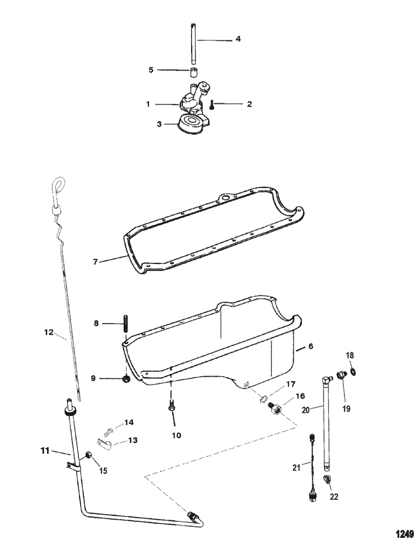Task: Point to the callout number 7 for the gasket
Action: point(95,262)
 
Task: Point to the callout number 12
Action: point(49,333)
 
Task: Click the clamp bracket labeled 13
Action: point(105,443)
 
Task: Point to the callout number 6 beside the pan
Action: point(310,346)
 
